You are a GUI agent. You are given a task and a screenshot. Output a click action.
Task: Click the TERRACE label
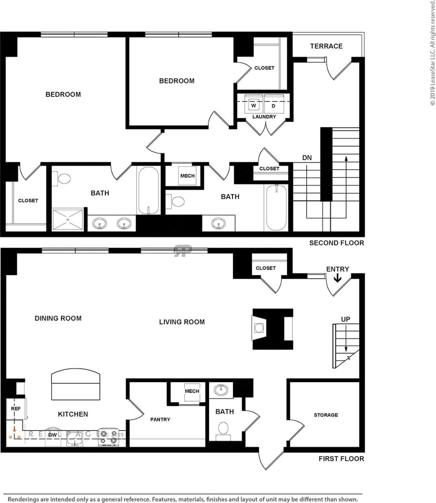(x=326, y=46)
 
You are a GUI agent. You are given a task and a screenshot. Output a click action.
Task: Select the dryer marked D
(x=274, y=106)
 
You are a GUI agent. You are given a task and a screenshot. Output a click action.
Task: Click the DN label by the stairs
(x=307, y=158)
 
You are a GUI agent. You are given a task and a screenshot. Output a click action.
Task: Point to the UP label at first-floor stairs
(x=346, y=319)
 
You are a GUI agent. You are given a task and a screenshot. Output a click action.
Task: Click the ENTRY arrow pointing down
(x=337, y=278)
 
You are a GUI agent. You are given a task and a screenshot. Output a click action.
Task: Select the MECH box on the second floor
(x=187, y=176)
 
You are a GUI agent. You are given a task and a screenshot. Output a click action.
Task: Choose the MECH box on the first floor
(x=192, y=391)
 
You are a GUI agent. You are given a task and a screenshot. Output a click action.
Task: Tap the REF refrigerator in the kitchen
(x=16, y=409)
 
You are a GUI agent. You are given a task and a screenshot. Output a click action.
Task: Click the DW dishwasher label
(x=53, y=435)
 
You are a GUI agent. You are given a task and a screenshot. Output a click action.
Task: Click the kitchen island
(x=76, y=385)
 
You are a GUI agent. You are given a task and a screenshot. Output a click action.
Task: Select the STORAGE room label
(x=326, y=415)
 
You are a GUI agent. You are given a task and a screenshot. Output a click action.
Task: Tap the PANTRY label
(x=160, y=420)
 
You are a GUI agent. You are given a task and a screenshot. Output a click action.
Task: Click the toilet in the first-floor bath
(x=223, y=430)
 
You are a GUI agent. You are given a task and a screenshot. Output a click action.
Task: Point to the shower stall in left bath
(x=68, y=219)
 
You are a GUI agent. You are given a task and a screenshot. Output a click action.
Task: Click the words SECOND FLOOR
(x=336, y=243)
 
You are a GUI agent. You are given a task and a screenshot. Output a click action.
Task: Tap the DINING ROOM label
(x=58, y=318)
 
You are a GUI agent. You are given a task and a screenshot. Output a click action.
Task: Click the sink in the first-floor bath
(x=221, y=390)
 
